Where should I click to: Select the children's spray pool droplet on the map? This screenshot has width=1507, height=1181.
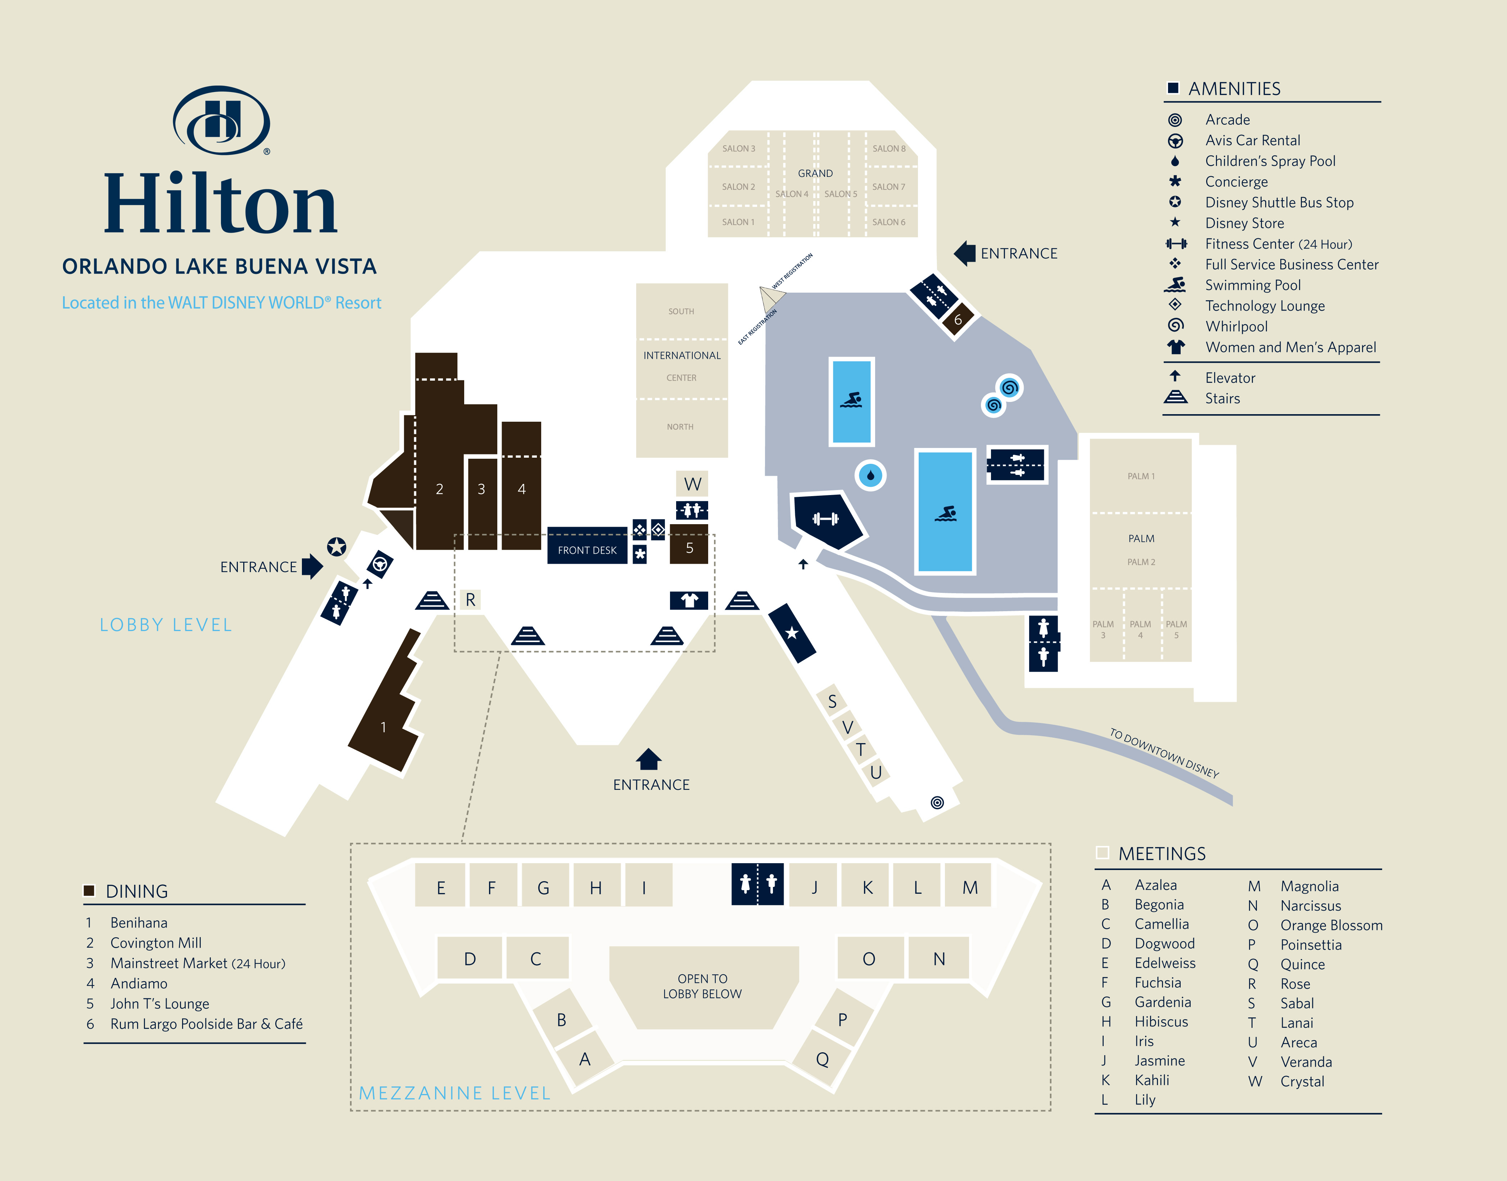coord(870,475)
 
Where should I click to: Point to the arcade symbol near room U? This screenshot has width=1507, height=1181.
coord(937,802)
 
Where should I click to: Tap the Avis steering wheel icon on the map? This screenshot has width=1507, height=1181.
coord(379,564)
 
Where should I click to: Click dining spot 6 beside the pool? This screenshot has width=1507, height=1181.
coord(958,320)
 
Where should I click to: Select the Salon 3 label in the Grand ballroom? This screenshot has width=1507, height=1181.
coord(738,149)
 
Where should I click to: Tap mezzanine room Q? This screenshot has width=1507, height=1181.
coord(822,1059)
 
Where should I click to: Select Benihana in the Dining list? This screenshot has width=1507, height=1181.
coord(139,923)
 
